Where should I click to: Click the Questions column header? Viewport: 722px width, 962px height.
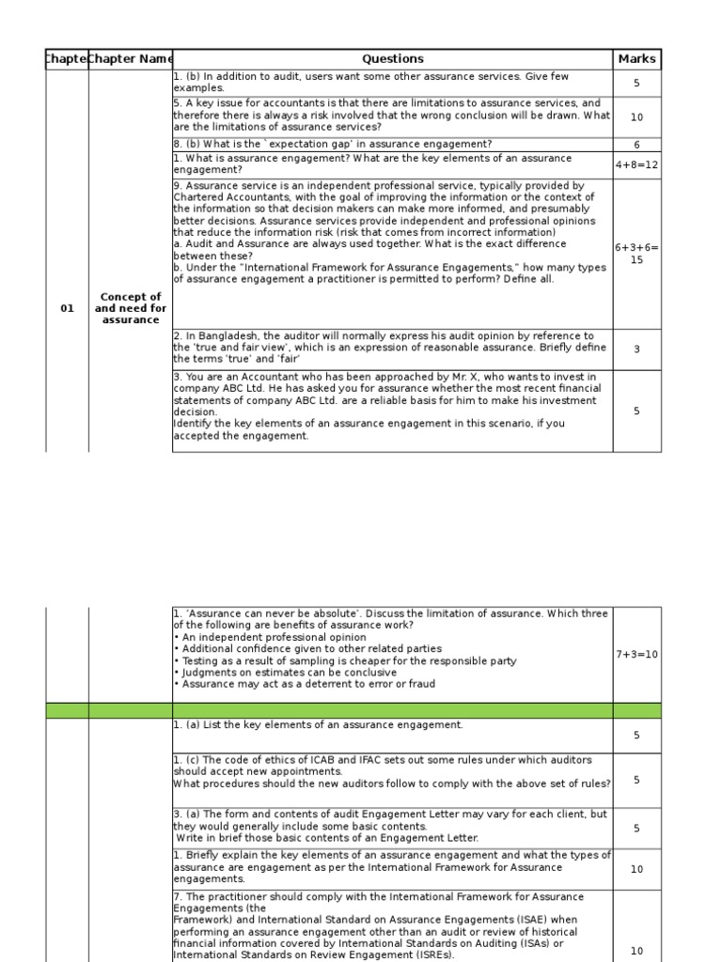[x=392, y=59]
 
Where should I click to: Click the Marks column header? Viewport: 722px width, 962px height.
[x=636, y=59]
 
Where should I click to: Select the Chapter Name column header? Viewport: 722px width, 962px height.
[x=131, y=59]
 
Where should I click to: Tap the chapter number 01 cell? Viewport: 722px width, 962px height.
[x=67, y=308]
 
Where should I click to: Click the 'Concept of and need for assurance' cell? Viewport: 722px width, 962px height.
[x=131, y=308]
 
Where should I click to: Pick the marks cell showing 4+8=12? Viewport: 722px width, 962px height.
[x=636, y=164]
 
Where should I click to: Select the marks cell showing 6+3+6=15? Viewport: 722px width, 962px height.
[x=636, y=254]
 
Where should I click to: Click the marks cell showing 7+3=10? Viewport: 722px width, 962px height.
[x=636, y=654]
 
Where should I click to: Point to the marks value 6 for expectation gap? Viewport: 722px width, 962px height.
[x=636, y=145]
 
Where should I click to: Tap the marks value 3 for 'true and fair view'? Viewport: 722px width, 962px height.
[x=636, y=349]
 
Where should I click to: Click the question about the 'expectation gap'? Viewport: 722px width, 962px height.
[x=333, y=145]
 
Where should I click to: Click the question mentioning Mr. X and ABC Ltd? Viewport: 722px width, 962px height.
[x=385, y=406]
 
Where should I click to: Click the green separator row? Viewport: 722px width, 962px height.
[x=353, y=710]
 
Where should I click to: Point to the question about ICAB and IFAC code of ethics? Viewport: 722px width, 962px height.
[x=392, y=771]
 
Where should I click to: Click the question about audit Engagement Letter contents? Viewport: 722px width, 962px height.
[x=390, y=826]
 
